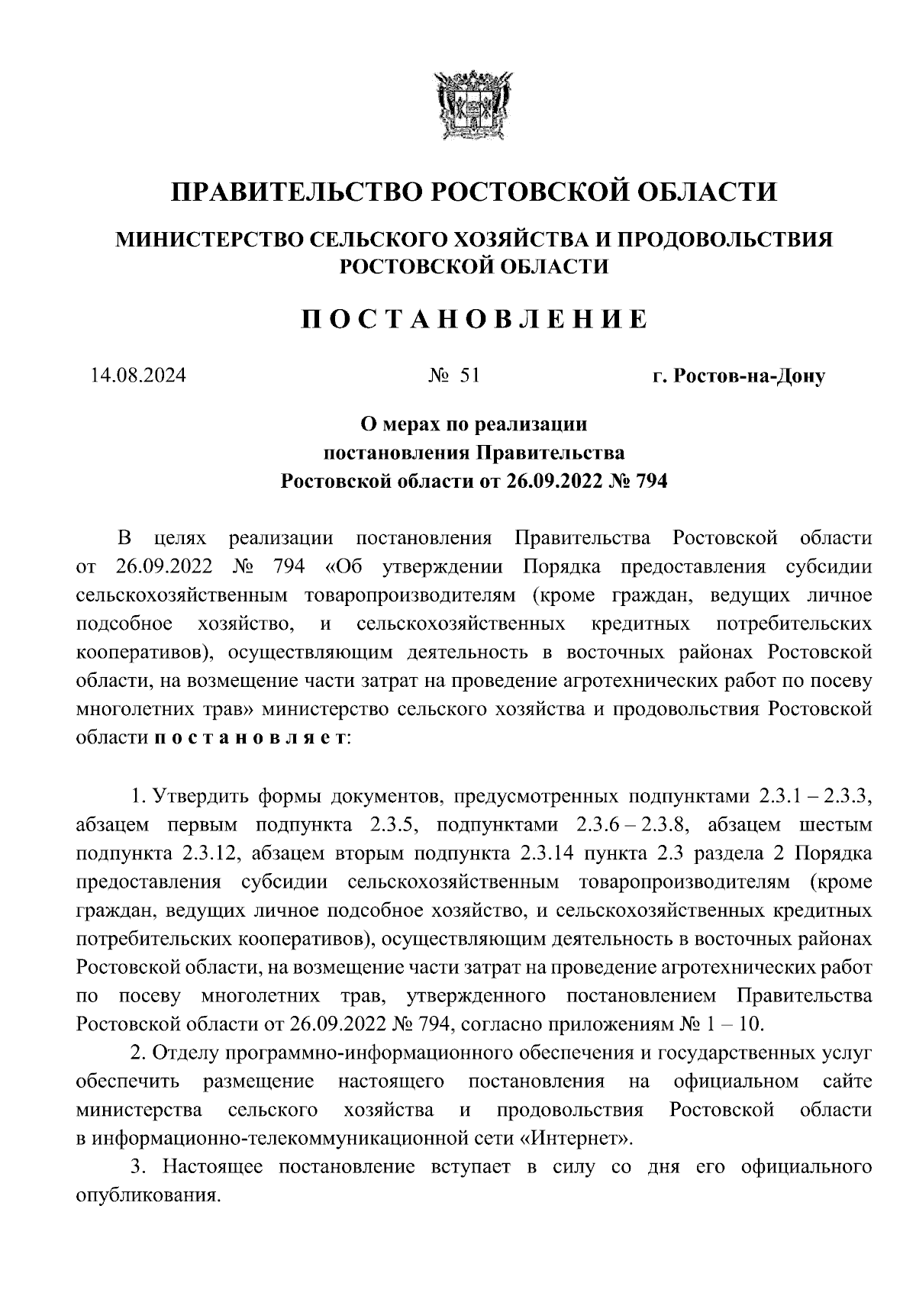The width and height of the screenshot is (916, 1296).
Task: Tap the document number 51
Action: (469, 376)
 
